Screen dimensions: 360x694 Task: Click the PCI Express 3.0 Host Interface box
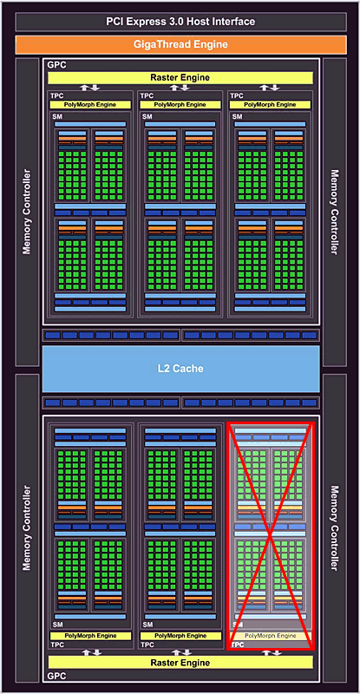[180, 21]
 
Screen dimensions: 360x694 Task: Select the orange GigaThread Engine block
[180, 44]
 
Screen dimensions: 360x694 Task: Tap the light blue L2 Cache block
[180, 368]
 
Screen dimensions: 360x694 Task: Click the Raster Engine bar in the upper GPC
[180, 78]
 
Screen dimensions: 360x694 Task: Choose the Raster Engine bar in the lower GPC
[180, 663]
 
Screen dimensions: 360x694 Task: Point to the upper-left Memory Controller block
[27, 212]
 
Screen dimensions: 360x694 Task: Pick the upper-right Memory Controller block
[334, 212]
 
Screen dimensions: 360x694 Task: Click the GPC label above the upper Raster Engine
[57, 65]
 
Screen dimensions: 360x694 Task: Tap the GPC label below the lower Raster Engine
[56, 676]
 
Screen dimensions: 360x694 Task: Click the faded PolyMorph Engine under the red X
[270, 636]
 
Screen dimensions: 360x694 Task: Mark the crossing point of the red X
[270, 535]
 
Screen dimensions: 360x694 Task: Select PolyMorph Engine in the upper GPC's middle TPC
[180, 105]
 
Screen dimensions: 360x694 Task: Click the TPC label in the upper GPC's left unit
[56, 95]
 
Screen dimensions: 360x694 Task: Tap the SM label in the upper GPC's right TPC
[238, 116]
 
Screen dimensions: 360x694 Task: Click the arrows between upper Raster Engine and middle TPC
[180, 88]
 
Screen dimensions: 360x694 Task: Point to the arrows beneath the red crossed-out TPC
[270, 653]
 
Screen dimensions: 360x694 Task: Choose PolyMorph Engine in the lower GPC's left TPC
[90, 636]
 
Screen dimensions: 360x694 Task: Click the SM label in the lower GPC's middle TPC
[147, 625]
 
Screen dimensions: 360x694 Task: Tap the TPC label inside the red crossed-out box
[237, 645]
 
